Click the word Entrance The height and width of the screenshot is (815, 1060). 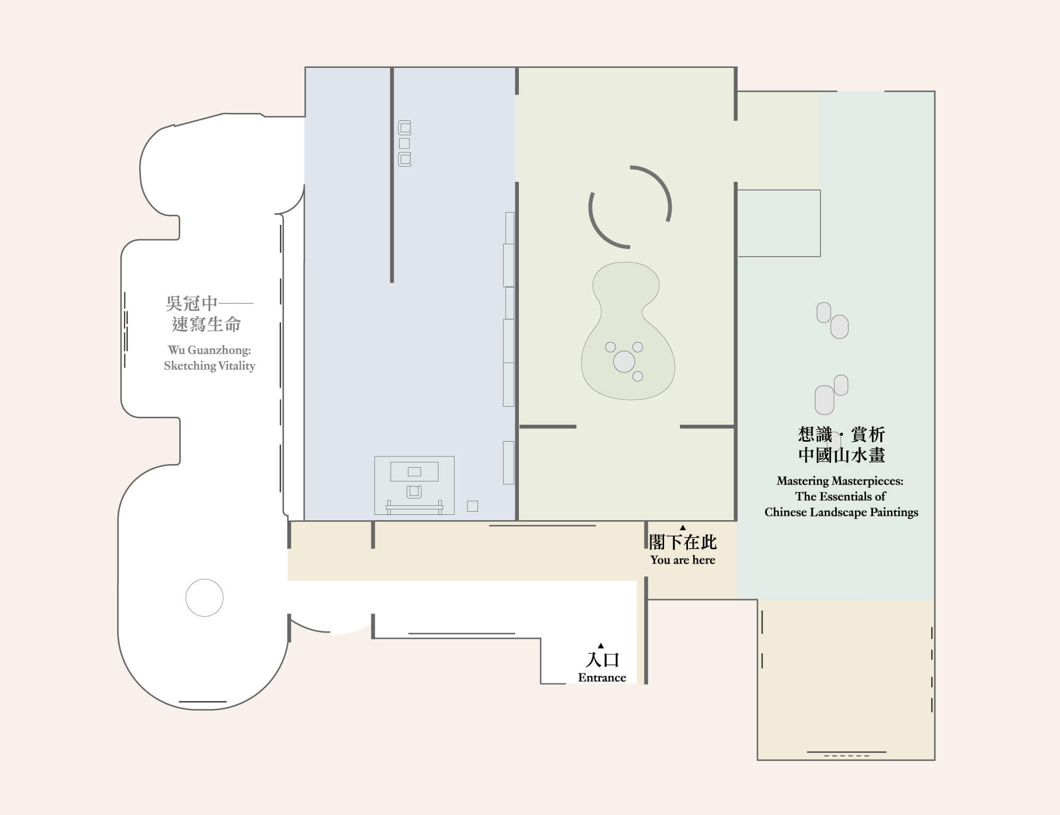coord(602,678)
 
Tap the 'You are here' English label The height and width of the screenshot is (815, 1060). coord(683,560)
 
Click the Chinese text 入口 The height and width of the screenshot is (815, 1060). coord(602,660)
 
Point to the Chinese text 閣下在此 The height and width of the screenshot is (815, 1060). coord(683,542)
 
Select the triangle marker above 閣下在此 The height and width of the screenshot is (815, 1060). coord(683,528)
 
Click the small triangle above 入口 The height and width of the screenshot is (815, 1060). coord(600,646)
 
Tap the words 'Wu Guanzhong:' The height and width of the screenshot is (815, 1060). coord(209,350)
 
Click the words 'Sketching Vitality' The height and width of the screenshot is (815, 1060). coord(209,366)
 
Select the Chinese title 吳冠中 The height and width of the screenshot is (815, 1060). coord(192,303)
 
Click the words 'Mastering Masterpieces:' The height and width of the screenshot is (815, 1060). coord(840,481)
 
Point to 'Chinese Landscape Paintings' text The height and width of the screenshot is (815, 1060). coord(841,512)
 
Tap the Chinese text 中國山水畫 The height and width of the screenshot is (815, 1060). coord(842,455)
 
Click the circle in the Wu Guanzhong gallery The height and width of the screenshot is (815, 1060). coord(205,598)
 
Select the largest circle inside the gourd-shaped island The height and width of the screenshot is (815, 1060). coord(624,362)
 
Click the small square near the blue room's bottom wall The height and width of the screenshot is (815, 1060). coord(473,506)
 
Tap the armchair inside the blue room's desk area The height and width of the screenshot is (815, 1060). coord(414,492)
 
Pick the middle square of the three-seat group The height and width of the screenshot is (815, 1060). coord(404,143)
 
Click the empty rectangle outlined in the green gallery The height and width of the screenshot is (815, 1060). coord(779,223)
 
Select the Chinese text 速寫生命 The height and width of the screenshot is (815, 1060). coord(207,325)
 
